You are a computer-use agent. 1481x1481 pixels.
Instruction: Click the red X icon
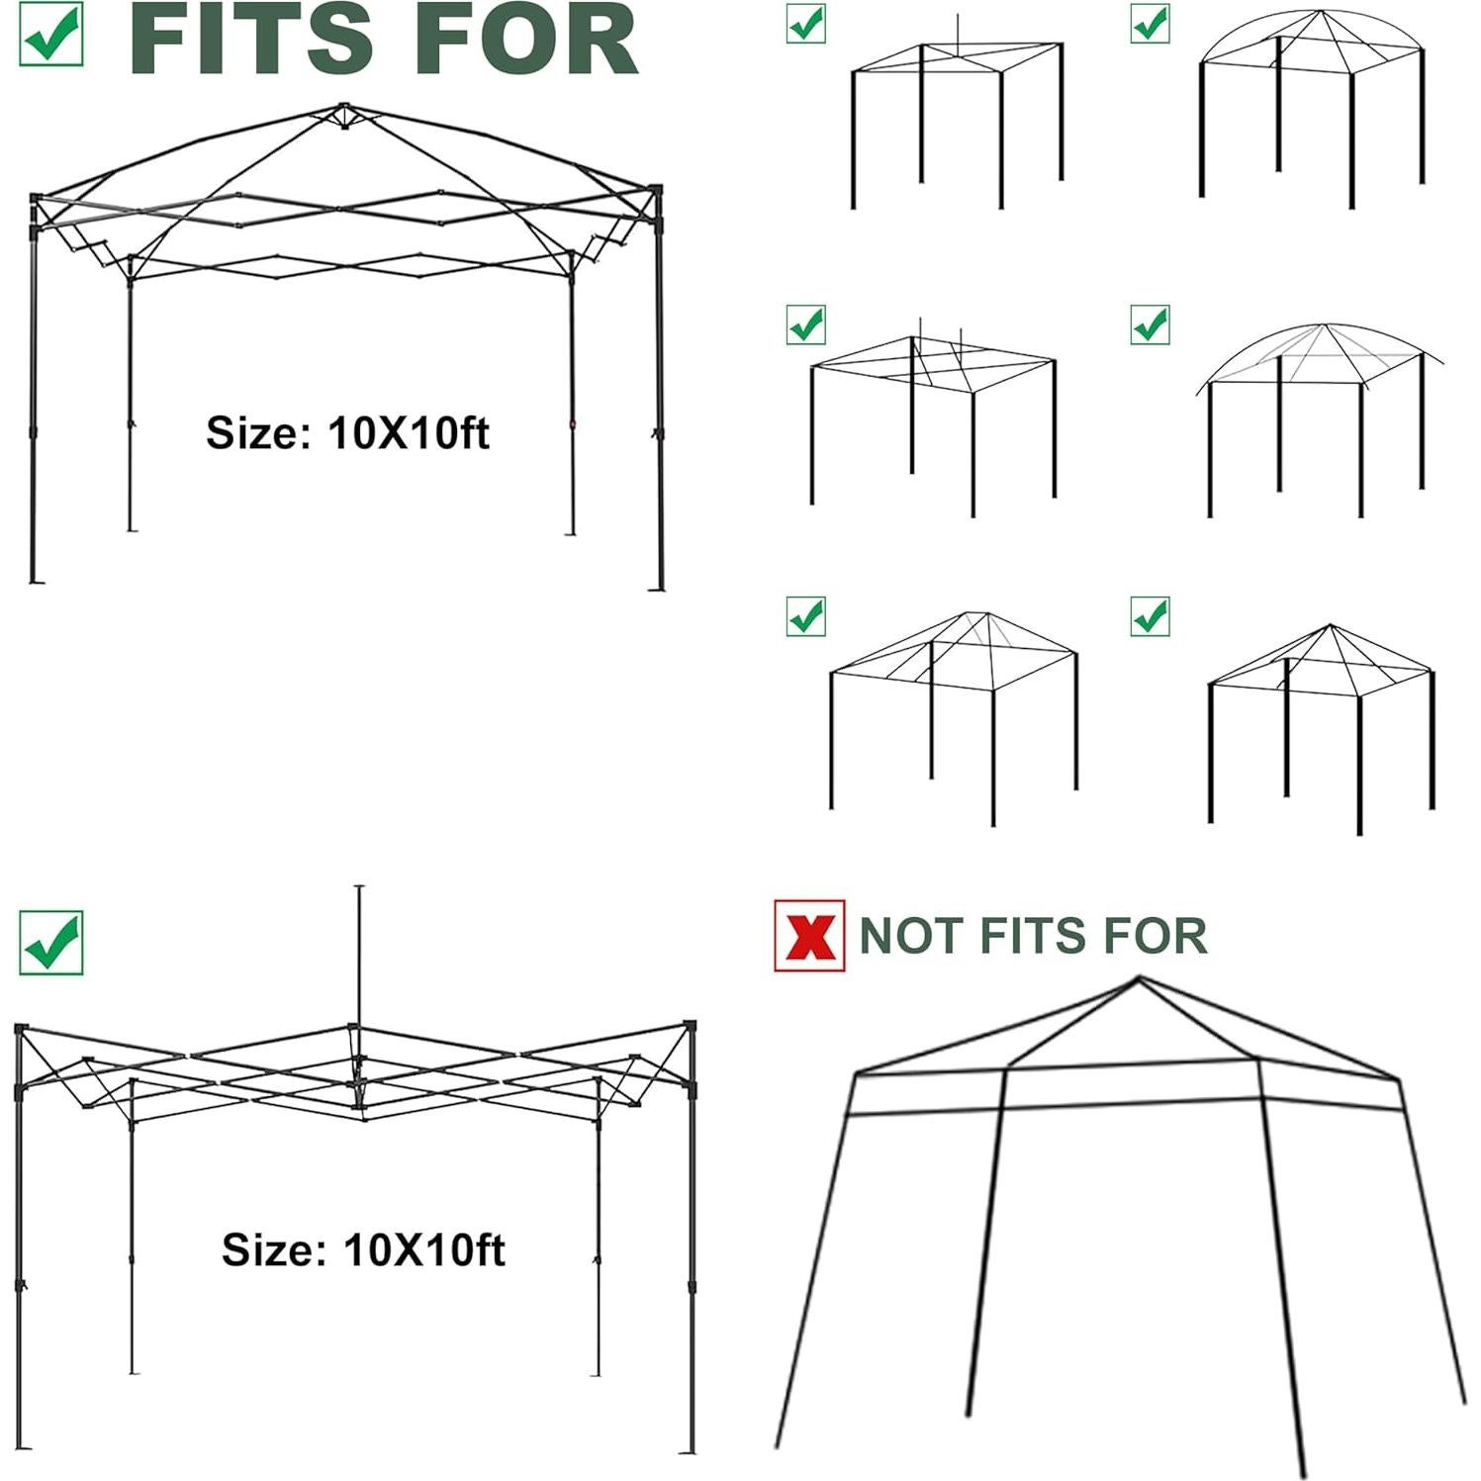[809, 935]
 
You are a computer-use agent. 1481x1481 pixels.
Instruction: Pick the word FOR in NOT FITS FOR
[1158, 936]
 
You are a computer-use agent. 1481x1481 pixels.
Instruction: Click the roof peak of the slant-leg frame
[1139, 979]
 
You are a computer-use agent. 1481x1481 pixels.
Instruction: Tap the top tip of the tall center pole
[359, 887]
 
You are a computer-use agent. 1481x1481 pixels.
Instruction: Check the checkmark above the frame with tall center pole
[51, 943]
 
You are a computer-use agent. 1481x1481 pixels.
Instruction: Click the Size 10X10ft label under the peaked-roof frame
[347, 433]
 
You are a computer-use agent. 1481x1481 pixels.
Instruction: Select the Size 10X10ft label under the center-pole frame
[363, 1250]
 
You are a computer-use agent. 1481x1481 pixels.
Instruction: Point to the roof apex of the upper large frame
[343, 107]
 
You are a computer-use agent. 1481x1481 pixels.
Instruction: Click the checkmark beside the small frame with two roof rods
[806, 324]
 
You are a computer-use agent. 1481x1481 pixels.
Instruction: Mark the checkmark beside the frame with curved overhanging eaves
[1150, 324]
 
